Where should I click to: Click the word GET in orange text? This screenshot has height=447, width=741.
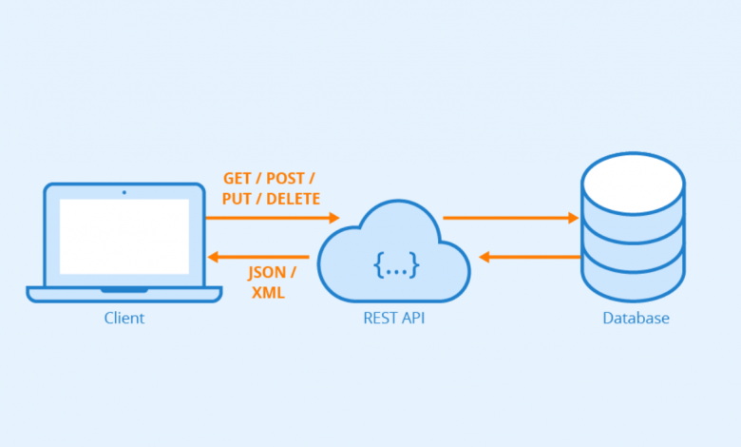click(x=237, y=179)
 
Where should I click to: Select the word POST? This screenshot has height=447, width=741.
click(x=285, y=179)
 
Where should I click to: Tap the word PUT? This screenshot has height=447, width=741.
click(x=237, y=199)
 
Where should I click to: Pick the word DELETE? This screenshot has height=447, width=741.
click(x=293, y=199)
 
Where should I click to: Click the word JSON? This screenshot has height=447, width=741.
click(x=267, y=273)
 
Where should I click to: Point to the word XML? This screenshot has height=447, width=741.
click(x=268, y=293)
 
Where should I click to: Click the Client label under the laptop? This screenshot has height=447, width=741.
click(x=124, y=318)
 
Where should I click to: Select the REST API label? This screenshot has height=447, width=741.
click(x=393, y=318)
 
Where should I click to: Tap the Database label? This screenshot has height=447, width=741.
click(x=636, y=318)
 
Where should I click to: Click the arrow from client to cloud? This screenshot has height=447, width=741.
click(x=273, y=218)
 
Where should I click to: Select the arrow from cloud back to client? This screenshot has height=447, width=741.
click(x=258, y=257)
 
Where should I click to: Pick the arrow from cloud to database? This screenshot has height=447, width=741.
click(x=511, y=218)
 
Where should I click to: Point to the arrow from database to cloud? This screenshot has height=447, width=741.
click(x=530, y=257)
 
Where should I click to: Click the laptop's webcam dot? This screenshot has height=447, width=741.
click(x=124, y=192)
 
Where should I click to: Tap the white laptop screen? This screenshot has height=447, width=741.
click(x=124, y=237)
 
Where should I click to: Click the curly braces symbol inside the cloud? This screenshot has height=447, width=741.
click(x=396, y=265)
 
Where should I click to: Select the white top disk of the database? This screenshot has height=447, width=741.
click(x=634, y=184)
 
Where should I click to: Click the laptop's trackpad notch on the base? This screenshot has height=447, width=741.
click(x=124, y=289)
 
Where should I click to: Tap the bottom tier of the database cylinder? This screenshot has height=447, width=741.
click(x=634, y=278)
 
